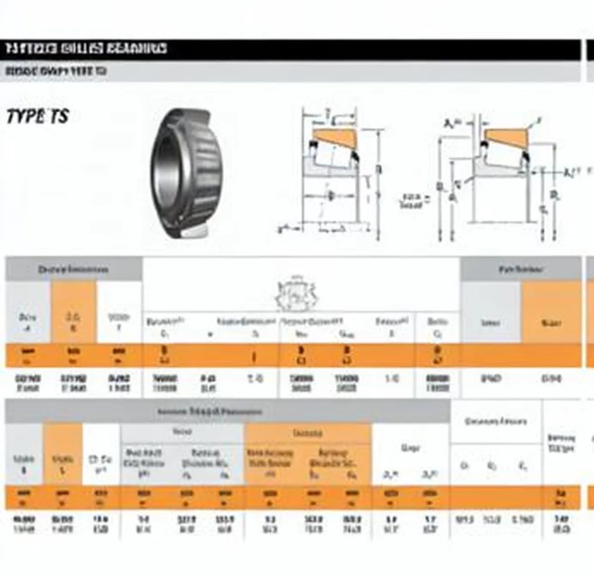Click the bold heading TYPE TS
(37, 116)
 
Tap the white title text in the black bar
(86, 49)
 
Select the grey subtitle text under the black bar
(55, 71)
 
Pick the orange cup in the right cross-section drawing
(505, 136)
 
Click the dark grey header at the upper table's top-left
(73, 269)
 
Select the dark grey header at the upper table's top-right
(521, 269)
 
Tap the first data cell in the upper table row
(28, 383)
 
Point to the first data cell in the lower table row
(24, 524)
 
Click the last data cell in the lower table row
(561, 524)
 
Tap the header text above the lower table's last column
(561, 443)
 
